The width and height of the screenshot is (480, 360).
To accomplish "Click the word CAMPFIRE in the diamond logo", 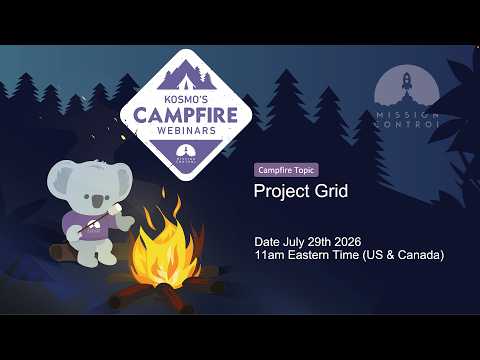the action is (x=186, y=115).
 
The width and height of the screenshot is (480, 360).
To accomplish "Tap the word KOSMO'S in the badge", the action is (x=186, y=99).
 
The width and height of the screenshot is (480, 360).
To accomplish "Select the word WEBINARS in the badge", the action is (x=186, y=130).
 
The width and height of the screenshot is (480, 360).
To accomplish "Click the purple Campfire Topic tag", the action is (x=286, y=170).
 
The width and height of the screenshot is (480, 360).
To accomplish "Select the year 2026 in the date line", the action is (x=348, y=242).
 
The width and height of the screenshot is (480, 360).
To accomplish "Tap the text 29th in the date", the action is (x=319, y=242).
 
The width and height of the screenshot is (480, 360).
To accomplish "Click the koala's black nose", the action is (x=97, y=201).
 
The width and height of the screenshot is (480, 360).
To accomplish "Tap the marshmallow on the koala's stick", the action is (x=115, y=209).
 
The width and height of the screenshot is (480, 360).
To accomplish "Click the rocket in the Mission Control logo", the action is (x=406, y=81).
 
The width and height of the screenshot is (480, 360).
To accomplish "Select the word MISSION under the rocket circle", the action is (x=407, y=115).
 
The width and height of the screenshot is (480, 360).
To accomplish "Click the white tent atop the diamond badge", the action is (x=186, y=82).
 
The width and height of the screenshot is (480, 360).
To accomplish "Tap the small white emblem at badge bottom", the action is (x=186, y=153).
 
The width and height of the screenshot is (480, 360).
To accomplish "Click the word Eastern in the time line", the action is (x=308, y=255).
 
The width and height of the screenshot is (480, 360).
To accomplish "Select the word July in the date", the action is (x=294, y=242).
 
